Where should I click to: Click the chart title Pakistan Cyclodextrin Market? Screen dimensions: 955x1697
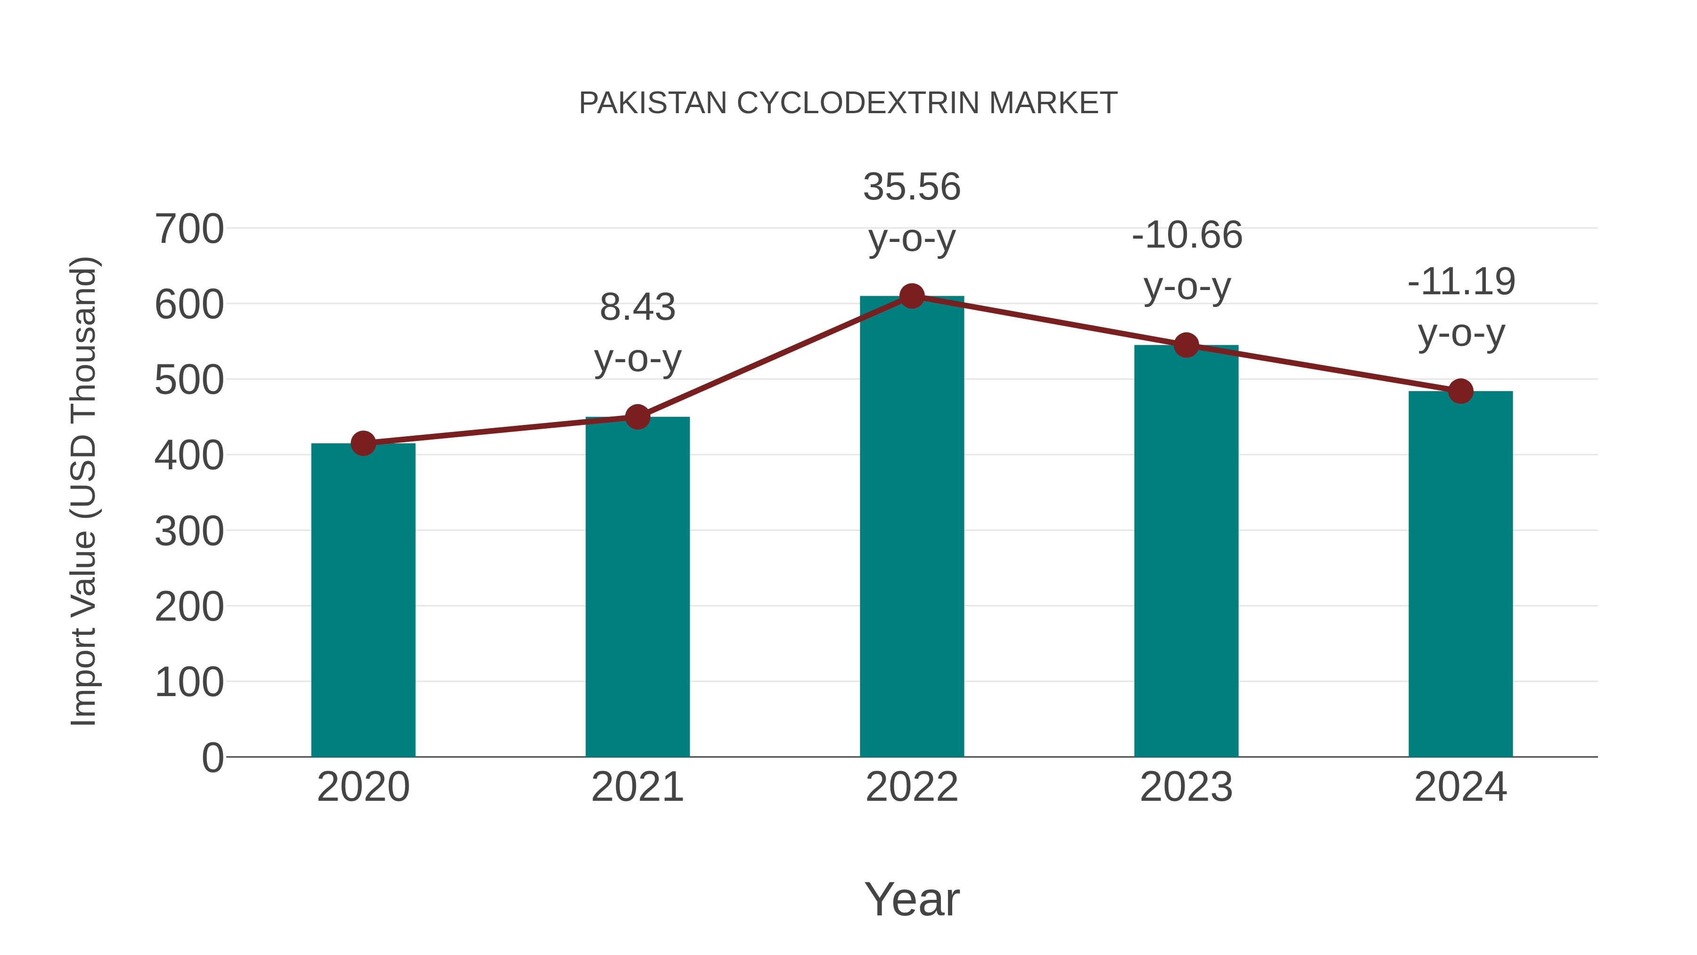[848, 103]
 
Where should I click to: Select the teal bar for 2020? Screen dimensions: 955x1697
[363, 600]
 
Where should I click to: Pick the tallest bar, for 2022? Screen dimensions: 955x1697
[912, 527]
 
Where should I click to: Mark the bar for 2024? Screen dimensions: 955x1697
[1460, 573]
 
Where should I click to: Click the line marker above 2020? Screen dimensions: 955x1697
[363, 444]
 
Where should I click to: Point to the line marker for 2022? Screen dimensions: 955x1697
[912, 296]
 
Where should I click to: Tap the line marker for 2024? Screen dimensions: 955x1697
[1460, 391]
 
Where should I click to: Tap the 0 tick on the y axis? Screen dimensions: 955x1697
[212, 757]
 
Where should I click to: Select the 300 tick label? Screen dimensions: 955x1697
[189, 531]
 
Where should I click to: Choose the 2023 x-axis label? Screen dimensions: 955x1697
[1186, 787]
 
